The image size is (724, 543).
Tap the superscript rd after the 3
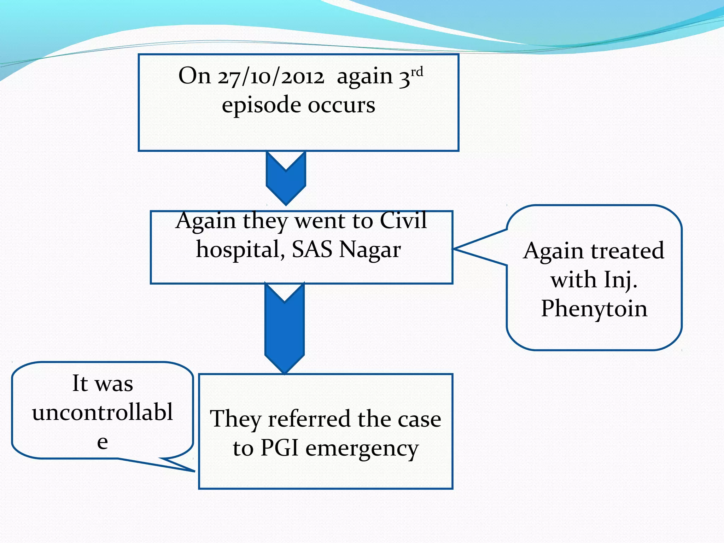click(x=417, y=72)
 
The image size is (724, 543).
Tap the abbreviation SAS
click(x=312, y=250)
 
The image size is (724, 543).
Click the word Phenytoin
click(x=594, y=308)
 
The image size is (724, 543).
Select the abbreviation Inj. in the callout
click(x=620, y=280)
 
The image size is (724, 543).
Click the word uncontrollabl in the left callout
click(x=103, y=412)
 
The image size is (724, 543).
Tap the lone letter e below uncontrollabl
click(x=103, y=442)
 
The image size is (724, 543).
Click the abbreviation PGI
click(x=279, y=448)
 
